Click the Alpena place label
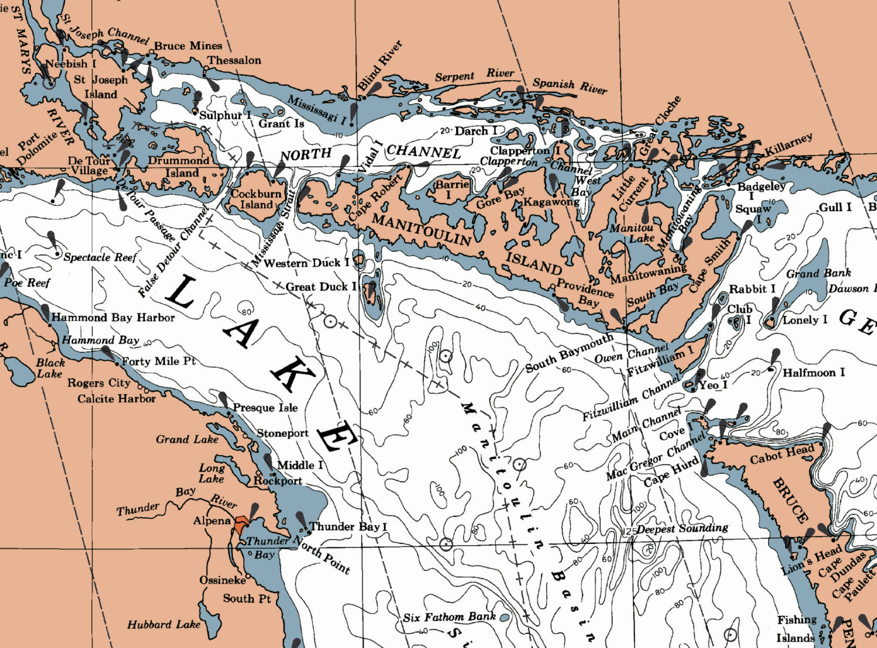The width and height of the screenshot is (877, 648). pyautogui.click(x=212, y=521)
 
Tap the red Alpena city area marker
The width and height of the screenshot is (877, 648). pyautogui.click(x=240, y=524)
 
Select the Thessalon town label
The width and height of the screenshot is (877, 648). pyautogui.click(x=234, y=60)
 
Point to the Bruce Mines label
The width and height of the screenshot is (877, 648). pyautogui.click(x=188, y=46)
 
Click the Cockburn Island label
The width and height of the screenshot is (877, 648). pyautogui.click(x=257, y=199)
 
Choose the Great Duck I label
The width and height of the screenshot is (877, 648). pyautogui.click(x=321, y=287)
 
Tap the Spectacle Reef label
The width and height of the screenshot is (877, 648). pyautogui.click(x=100, y=257)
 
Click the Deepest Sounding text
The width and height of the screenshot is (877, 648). pyautogui.click(x=682, y=529)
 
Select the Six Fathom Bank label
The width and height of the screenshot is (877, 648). pyautogui.click(x=449, y=617)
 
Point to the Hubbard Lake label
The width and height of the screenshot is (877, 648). pyautogui.click(x=164, y=625)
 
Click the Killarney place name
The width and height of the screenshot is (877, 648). pyautogui.click(x=789, y=146)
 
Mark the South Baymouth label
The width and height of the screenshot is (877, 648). pyautogui.click(x=569, y=353)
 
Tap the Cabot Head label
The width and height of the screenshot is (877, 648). pyautogui.click(x=782, y=454)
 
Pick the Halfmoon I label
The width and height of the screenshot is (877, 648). pyautogui.click(x=814, y=373)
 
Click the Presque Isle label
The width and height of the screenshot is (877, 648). pyautogui.click(x=265, y=408)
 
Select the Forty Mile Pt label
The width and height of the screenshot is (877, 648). pyautogui.click(x=158, y=361)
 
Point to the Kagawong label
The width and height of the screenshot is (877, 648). pyautogui.click(x=551, y=202)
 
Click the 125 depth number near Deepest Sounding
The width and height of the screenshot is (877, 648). pyautogui.click(x=629, y=530)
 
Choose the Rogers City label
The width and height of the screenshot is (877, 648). pyautogui.click(x=99, y=383)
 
